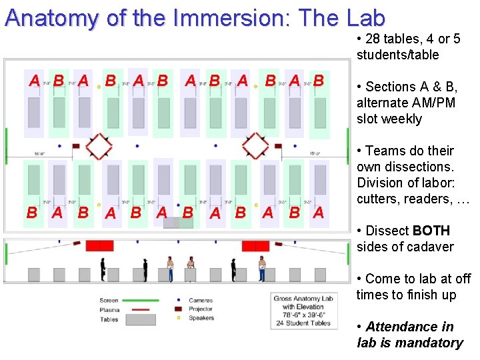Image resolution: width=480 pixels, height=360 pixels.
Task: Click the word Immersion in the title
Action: tap(221, 18)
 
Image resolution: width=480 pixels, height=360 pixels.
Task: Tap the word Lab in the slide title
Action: tap(366, 18)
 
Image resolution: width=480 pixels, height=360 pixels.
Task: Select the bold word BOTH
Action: tap(431, 231)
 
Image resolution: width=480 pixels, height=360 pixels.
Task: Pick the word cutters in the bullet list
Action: tap(379, 199)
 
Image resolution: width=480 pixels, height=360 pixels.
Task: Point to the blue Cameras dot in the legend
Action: tap(179, 301)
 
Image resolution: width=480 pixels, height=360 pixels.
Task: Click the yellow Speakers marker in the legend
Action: tap(179, 318)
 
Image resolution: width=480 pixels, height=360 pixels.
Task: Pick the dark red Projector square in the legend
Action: tap(179, 309)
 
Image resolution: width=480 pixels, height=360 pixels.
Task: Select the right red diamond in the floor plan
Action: tap(255, 145)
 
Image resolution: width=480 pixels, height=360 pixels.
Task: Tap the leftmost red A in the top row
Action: tap(33, 81)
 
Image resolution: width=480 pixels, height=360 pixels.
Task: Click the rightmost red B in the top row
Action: tap(319, 81)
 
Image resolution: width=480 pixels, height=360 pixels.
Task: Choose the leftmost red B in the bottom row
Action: tap(31, 213)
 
